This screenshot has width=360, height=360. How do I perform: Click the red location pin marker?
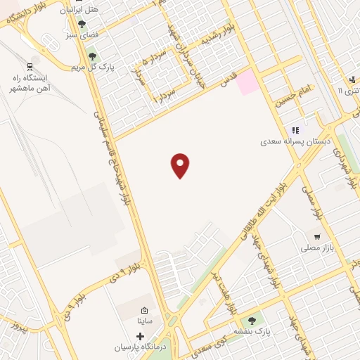click(181, 165)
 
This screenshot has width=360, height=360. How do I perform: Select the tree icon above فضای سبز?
click(82, 23)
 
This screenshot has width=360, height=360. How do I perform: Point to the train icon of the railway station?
click(30, 67)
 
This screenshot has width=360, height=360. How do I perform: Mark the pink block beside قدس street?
click(247, 84)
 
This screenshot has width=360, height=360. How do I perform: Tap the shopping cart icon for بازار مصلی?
click(318, 237)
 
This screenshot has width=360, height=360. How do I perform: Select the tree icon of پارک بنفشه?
click(253, 321)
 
